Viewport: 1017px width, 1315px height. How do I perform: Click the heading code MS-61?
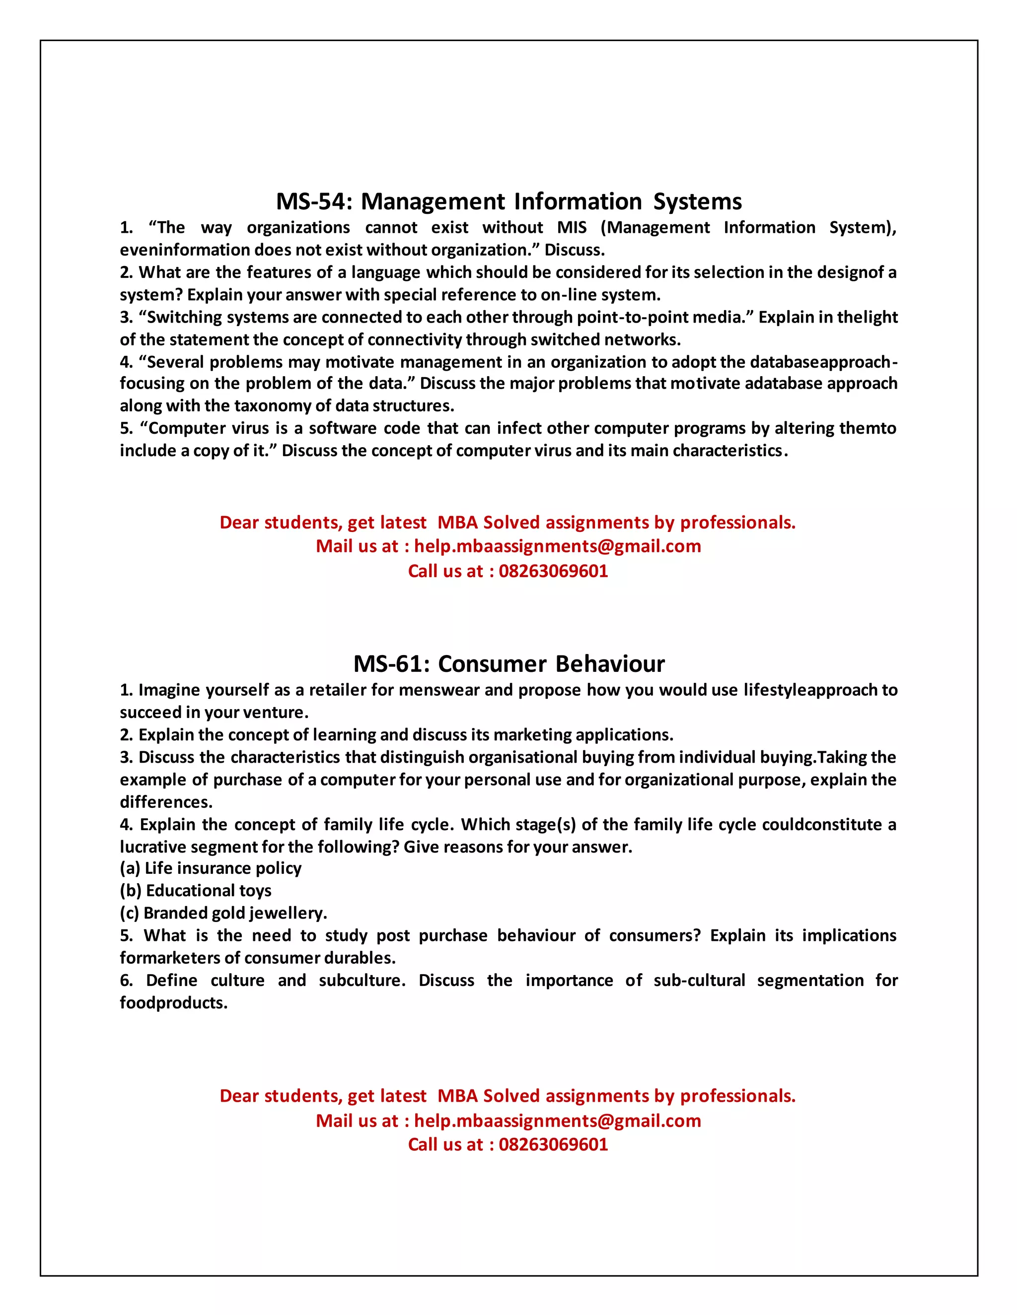pos(389,664)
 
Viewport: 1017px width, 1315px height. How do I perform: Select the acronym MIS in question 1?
pos(571,228)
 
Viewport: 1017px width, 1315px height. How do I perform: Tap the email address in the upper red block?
pos(557,546)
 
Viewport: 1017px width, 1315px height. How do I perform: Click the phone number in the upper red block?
pos(553,571)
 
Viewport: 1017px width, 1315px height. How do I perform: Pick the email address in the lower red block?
pos(557,1120)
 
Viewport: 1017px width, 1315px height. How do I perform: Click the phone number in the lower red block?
pos(553,1145)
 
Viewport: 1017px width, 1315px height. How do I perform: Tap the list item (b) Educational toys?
pos(195,891)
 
